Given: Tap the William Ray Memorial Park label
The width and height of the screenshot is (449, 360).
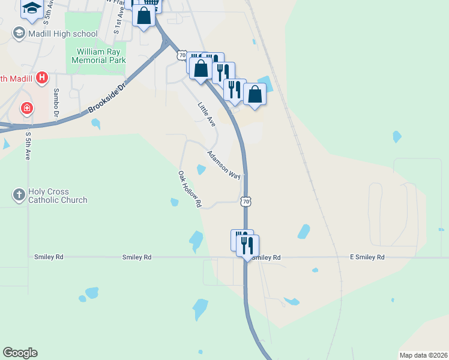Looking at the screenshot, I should coord(98,56).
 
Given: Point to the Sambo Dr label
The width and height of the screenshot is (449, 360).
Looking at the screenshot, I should coord(56,102).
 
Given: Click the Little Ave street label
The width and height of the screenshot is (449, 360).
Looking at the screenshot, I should coord(206,113).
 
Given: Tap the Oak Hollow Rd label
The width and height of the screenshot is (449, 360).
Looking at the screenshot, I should coord(189,188).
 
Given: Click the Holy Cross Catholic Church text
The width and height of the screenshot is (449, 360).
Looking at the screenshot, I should coord(58,196).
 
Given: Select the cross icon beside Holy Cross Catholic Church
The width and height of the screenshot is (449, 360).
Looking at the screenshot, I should coord(19,194).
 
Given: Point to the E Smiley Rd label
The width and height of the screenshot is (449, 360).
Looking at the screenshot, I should coord(367,257).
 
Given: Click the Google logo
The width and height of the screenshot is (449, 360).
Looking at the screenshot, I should coord(20,353).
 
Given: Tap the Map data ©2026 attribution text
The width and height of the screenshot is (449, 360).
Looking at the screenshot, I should coord(424,355).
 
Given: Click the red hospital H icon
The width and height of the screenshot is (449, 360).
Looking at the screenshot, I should coord(41,77).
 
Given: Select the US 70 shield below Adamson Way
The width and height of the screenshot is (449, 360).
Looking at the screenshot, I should coord(246,202).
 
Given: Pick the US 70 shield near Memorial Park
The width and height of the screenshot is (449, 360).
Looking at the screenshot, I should coord(182,55).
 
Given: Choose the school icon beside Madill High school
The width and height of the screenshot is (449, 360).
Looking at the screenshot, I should coord(19,34).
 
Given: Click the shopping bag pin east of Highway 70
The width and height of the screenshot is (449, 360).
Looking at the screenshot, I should coord(255,95).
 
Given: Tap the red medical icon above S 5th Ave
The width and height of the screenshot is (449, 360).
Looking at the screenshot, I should coord(26,109).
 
